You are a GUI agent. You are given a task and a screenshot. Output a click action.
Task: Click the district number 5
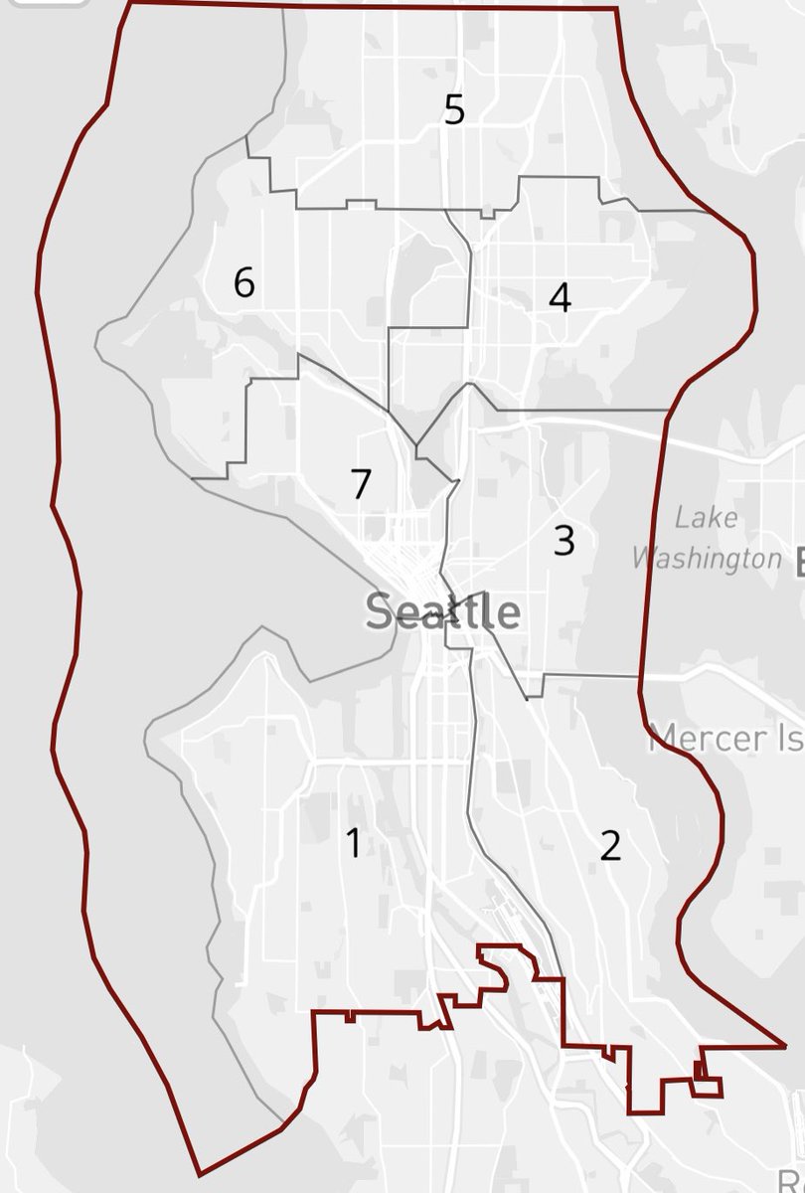pyautogui.click(x=454, y=109)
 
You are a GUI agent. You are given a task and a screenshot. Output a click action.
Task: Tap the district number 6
pyautogui.click(x=244, y=283)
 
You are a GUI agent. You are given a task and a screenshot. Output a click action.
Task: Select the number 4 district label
pyautogui.click(x=561, y=297)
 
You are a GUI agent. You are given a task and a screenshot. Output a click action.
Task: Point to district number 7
pyautogui.click(x=361, y=484)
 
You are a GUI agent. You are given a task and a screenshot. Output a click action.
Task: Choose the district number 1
pyautogui.click(x=353, y=842)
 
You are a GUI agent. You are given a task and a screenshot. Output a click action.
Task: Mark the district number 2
pyautogui.click(x=610, y=845)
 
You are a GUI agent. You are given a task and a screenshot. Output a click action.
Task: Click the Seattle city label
pyautogui.click(x=442, y=611)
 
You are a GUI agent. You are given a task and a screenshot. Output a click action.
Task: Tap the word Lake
pyautogui.click(x=706, y=518)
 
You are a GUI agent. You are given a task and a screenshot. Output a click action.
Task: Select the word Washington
pyautogui.click(x=707, y=558)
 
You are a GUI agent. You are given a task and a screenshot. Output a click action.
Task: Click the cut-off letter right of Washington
pyautogui.click(x=799, y=562)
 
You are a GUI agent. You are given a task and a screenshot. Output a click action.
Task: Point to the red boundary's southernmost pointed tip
pyautogui.click(x=200, y=1174)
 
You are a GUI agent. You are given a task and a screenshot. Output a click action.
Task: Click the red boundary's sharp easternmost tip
pyautogui.click(x=785, y=1046)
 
